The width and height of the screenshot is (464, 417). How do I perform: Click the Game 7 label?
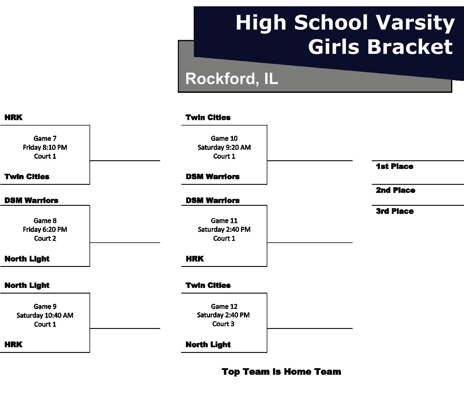[x=45, y=138]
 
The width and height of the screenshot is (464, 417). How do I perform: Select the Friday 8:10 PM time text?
[x=45, y=147]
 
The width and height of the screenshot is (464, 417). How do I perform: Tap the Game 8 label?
[x=45, y=221]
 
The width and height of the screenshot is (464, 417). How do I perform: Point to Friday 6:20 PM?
[x=45, y=229]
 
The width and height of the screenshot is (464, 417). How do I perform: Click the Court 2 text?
[x=45, y=238]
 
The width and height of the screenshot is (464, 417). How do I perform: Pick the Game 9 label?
[x=45, y=306]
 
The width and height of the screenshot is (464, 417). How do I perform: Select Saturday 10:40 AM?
[x=45, y=315]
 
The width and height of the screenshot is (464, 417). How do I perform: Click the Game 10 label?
[x=224, y=138]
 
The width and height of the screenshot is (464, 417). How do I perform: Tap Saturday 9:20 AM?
[x=224, y=147]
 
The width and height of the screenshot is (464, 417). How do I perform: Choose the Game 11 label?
[x=224, y=221]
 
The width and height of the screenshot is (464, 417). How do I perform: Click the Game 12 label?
[x=224, y=306]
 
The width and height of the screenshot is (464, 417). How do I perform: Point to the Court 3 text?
[x=223, y=324]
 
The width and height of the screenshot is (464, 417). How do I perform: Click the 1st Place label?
[x=395, y=167]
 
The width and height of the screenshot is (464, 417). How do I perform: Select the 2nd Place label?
[x=395, y=190]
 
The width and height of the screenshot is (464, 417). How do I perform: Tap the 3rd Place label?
[x=395, y=211]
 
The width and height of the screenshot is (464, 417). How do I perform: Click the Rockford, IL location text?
[x=232, y=78]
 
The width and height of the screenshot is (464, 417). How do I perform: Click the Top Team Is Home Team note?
[x=281, y=372]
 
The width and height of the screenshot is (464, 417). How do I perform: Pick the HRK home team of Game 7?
[x=13, y=117]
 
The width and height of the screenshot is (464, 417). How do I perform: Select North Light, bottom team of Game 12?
[x=208, y=345]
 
